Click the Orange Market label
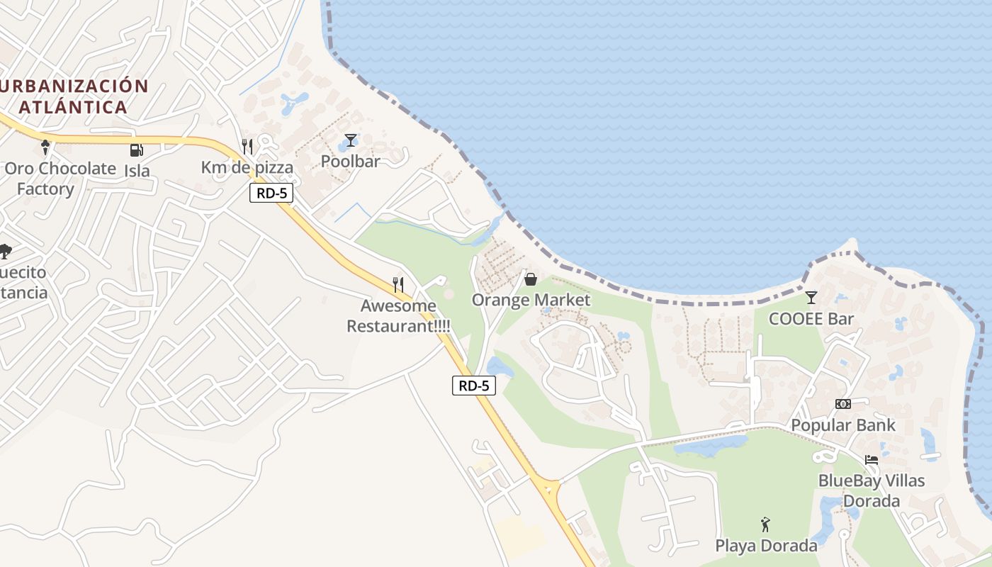(531, 300)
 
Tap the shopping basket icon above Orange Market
(530, 280)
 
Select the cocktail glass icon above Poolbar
(350, 140)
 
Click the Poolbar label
(350, 161)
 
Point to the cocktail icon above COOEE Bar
(811, 298)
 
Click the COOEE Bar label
(811, 319)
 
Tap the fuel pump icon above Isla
(136, 150)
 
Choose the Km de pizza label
(247, 168)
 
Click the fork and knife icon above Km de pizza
(247, 147)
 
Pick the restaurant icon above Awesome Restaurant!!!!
(398, 285)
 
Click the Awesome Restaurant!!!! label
(398, 316)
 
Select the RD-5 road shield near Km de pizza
(271, 193)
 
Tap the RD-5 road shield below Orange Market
(473, 386)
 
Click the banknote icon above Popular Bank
(842, 403)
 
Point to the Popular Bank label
(843, 425)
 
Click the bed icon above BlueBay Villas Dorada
(871, 460)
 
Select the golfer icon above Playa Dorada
(765, 524)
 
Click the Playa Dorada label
(766, 546)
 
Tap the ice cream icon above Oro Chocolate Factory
(46, 147)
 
